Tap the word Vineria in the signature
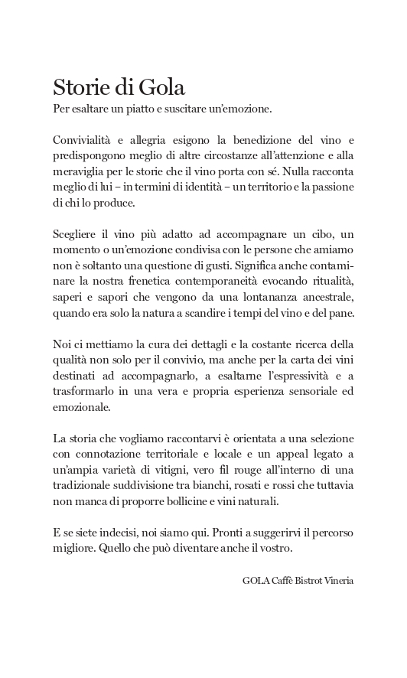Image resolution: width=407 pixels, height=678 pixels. coord(337,581)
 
